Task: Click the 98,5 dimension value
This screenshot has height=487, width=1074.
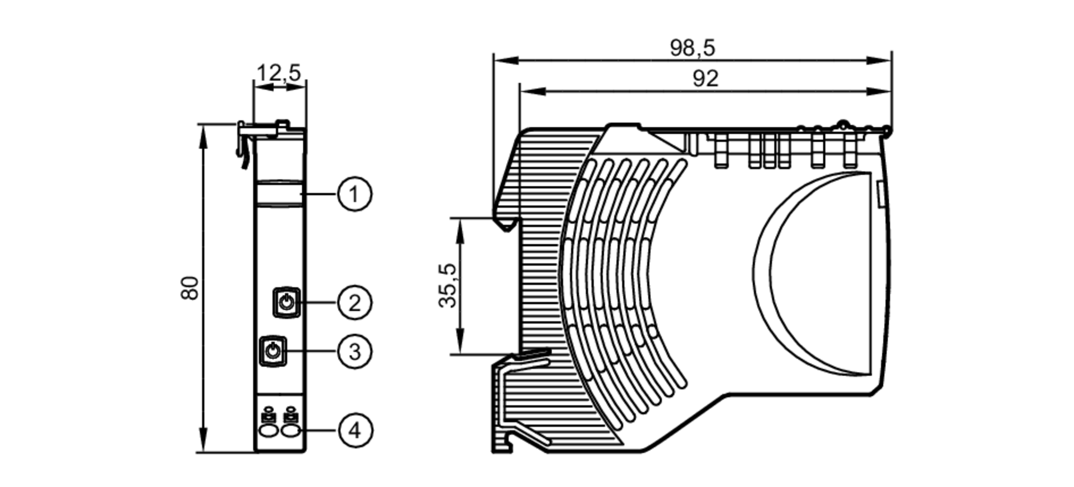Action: click(x=692, y=48)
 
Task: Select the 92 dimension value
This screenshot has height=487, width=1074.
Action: click(x=705, y=79)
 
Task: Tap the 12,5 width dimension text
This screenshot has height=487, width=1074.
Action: click(x=279, y=72)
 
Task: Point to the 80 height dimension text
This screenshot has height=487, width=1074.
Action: click(x=190, y=288)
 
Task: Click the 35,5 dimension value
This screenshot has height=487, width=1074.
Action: click(x=447, y=286)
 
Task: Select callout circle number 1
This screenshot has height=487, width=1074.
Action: click(x=354, y=194)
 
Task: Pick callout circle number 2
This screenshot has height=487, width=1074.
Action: click(x=354, y=303)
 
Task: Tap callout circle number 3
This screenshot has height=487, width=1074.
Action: click(x=354, y=352)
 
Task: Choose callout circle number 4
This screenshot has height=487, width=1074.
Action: click(x=354, y=430)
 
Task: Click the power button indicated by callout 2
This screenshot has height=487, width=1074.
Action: click(x=287, y=303)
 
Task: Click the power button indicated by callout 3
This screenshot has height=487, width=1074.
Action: click(x=273, y=352)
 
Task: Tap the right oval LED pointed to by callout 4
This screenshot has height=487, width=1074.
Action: click(x=291, y=431)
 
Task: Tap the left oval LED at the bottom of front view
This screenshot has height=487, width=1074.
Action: click(x=267, y=431)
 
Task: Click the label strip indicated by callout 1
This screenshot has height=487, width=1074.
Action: click(x=279, y=194)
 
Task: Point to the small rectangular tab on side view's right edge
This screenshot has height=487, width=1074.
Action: click(x=881, y=194)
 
